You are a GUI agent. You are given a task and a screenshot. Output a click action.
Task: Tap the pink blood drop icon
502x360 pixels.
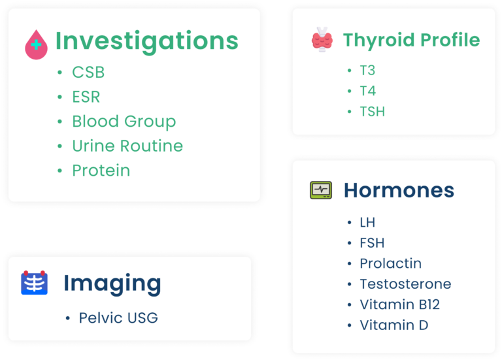click(36, 44)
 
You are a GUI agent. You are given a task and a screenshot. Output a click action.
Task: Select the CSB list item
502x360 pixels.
click(88, 73)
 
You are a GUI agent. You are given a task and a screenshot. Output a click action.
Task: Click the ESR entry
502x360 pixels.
click(86, 97)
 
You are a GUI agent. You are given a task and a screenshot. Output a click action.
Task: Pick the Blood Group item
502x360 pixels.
click(124, 122)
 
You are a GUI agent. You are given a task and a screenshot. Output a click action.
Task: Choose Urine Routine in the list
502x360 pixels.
click(127, 146)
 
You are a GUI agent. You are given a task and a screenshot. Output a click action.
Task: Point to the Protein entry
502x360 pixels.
click(101, 171)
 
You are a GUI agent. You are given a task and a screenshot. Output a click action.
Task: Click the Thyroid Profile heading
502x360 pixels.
click(411, 41)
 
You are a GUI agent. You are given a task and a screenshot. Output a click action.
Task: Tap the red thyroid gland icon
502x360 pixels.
click(322, 40)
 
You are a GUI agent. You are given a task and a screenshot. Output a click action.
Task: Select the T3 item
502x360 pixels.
click(367, 71)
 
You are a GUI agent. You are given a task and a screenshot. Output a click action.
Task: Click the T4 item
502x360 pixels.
click(368, 91)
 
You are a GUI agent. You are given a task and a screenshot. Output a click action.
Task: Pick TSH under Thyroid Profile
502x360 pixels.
click(373, 112)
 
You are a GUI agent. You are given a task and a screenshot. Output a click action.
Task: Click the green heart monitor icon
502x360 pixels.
click(321, 190)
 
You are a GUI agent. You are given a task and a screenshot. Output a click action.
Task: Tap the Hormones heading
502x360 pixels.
click(399, 190)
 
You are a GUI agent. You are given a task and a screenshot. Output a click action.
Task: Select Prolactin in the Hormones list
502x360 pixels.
click(391, 263)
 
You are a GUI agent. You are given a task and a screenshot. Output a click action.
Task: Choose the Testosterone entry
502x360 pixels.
click(406, 284)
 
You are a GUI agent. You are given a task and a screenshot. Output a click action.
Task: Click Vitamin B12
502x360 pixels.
click(400, 304)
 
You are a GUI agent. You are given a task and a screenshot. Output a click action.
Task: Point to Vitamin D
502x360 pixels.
click(394, 325)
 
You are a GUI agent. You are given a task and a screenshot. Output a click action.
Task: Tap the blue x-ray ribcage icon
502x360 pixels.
click(34, 282)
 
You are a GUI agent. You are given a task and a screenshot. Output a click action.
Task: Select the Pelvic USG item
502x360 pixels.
click(118, 318)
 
